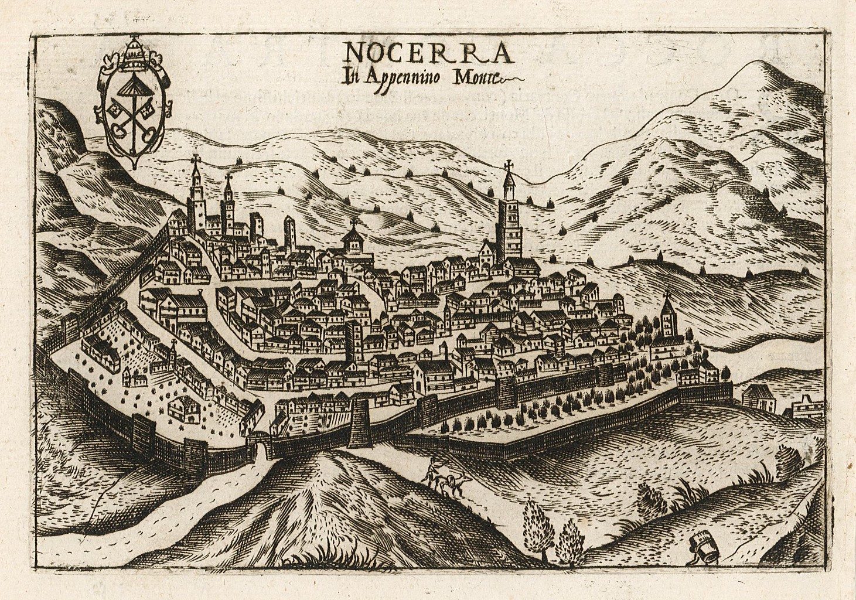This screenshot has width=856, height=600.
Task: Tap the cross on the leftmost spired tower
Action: (x=195, y=159)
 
